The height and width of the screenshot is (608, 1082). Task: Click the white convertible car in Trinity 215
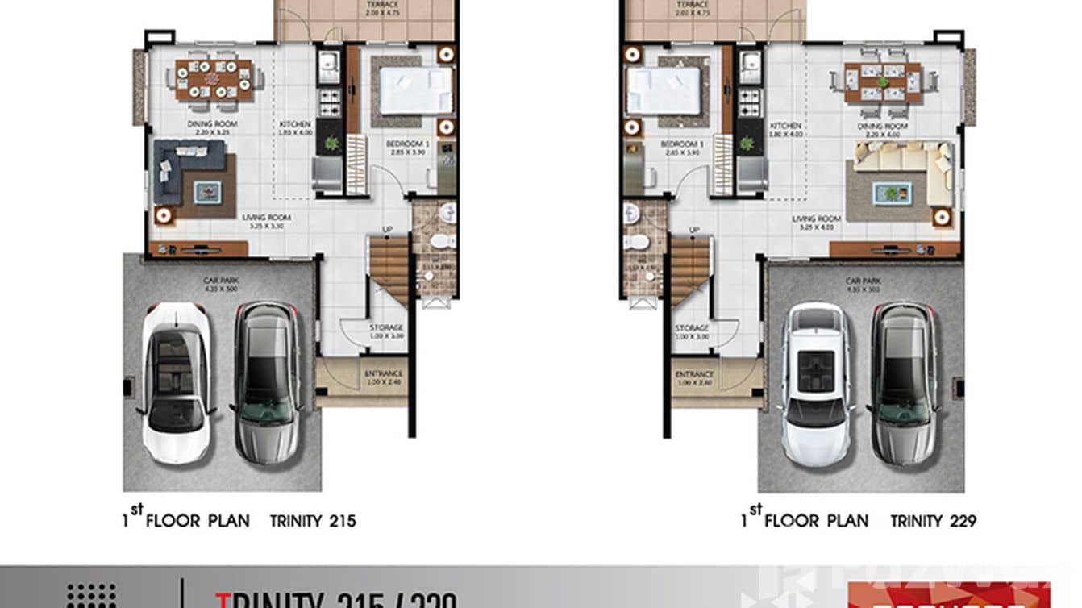[177, 383]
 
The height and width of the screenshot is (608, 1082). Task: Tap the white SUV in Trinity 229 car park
[817, 385]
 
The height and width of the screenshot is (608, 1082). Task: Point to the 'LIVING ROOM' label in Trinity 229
[816, 219]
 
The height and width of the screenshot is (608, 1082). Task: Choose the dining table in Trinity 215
[214, 80]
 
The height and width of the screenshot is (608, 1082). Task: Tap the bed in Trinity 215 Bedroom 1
[415, 90]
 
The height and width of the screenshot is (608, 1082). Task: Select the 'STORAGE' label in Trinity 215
[386, 327]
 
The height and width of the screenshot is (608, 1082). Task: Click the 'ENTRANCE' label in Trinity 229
[694, 375]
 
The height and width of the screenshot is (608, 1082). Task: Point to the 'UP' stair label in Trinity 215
[387, 231]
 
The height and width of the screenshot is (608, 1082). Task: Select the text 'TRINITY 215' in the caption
[313, 521]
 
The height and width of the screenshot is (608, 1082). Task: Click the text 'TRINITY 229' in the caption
[933, 521]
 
